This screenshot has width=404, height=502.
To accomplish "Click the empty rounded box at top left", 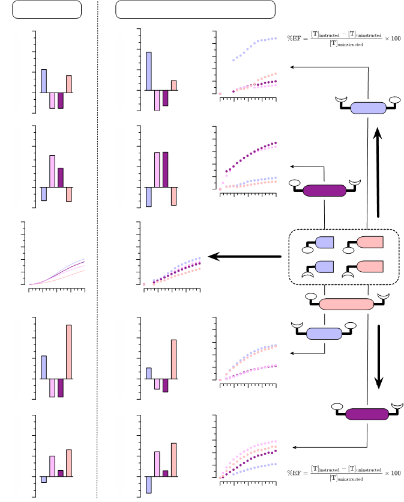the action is click(x=47, y=10).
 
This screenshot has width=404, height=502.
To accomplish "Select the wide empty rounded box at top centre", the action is click(x=195, y=10).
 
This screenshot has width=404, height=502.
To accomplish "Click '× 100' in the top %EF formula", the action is click(x=393, y=38).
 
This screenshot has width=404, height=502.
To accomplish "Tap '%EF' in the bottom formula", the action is click(x=294, y=473).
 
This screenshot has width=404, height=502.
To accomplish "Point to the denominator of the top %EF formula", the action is click(x=346, y=43).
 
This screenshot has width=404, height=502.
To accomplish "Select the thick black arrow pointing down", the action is click(x=379, y=357).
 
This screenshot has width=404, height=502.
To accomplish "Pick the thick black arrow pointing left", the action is click(x=244, y=257).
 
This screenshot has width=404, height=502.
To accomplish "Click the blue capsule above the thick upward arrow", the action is click(x=368, y=108).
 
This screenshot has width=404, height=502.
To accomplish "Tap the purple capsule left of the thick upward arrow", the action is click(x=324, y=191).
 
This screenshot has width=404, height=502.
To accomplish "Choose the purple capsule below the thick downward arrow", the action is click(x=367, y=414).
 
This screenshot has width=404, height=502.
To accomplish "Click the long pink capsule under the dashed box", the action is click(x=346, y=304).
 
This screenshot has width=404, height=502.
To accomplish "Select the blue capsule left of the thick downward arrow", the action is click(x=324, y=334).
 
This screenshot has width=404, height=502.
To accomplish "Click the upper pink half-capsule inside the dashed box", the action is click(x=370, y=242).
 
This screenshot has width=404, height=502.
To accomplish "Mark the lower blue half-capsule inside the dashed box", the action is click(x=324, y=267).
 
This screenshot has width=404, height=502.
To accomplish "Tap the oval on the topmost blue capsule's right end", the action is click(x=395, y=100).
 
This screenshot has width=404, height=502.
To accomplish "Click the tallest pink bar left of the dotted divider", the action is click(x=69, y=352).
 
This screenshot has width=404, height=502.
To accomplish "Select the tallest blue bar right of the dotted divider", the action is click(x=149, y=71).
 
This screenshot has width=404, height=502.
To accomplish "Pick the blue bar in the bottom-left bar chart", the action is click(x=44, y=479).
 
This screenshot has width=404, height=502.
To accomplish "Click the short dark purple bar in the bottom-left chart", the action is click(x=61, y=474).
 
